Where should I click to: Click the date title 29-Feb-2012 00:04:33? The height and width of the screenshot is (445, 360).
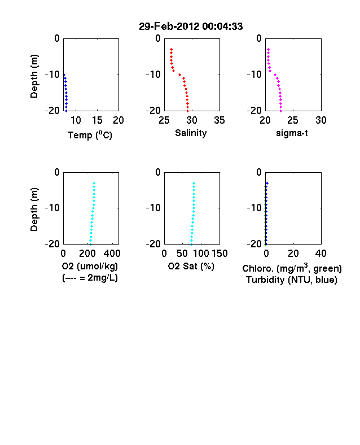(191, 27)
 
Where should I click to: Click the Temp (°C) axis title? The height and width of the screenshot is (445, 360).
(90, 135)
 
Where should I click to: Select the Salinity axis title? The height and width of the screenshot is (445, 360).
(191, 133)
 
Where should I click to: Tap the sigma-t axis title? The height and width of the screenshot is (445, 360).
(292, 133)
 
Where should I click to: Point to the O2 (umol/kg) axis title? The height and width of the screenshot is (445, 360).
(90, 266)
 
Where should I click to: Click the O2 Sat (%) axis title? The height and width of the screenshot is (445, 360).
(191, 266)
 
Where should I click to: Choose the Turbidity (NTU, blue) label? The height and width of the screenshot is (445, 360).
(292, 280)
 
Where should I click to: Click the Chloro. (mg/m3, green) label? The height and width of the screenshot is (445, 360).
(292, 268)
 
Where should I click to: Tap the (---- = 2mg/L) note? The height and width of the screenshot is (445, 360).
(90, 277)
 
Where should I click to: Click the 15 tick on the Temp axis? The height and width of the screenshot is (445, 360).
(97, 120)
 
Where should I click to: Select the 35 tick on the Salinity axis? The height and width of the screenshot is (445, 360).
(219, 120)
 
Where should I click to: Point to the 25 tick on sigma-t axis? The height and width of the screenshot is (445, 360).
(292, 120)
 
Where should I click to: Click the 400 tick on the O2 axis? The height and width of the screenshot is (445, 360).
(112, 254)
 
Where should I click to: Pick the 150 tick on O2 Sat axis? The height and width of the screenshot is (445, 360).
(219, 254)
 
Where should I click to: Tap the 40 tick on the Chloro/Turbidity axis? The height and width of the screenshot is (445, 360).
(321, 254)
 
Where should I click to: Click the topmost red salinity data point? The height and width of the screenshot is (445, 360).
(171, 49)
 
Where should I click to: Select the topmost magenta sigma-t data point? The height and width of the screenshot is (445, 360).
(268, 49)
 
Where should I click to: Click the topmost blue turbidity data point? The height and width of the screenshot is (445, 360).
(267, 184)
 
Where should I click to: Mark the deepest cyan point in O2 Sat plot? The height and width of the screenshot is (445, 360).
(192, 244)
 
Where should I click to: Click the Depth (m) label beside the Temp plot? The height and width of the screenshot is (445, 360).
(34, 76)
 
